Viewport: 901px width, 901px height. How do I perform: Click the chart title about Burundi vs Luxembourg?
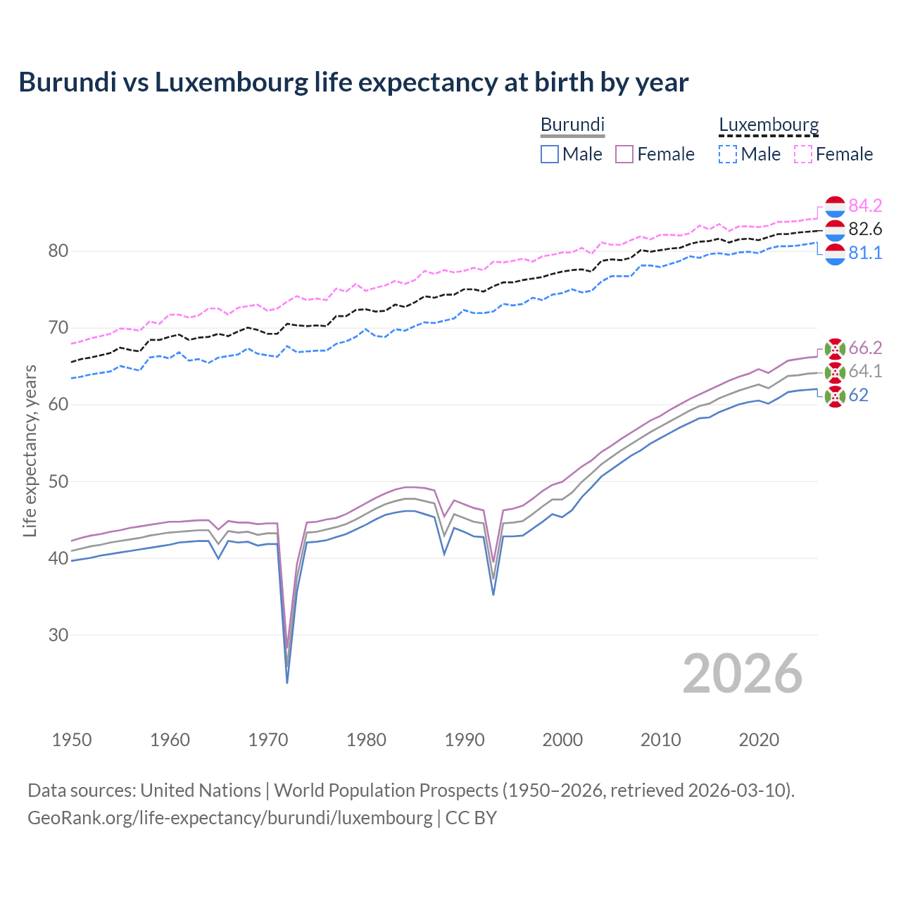pyautogui.click(x=353, y=82)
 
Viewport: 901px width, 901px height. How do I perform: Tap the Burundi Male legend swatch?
pyautogui.click(x=550, y=154)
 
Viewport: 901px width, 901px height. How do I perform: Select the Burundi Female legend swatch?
pyautogui.click(x=624, y=154)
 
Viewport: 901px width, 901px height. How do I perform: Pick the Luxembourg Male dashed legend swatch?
pyautogui.click(x=728, y=154)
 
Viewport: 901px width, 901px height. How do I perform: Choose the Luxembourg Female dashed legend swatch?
pyautogui.click(x=803, y=154)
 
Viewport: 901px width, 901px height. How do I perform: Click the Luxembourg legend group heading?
pyautogui.click(x=769, y=125)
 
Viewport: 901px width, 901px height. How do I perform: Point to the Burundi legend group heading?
pyautogui.click(x=572, y=125)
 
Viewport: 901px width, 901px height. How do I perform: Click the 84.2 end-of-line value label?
pyautogui.click(x=865, y=206)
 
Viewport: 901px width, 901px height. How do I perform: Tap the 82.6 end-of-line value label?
pyautogui.click(x=865, y=229)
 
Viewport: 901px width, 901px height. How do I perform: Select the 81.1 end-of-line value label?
pyautogui.click(x=865, y=253)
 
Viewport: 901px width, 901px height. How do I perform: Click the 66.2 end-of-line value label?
pyautogui.click(x=865, y=348)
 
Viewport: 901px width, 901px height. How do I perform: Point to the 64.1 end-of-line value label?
pyautogui.click(x=865, y=371)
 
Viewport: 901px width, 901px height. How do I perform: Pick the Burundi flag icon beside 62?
pyautogui.click(x=835, y=396)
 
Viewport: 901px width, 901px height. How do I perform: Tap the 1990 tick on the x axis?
pyautogui.click(x=465, y=740)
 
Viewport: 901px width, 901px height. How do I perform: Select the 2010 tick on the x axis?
pyautogui.click(x=660, y=740)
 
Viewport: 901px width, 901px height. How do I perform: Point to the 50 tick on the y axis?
pyautogui.click(x=58, y=481)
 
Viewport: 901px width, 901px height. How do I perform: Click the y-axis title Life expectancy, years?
pyautogui.click(x=30, y=450)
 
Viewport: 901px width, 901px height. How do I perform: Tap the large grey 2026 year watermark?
pyautogui.click(x=743, y=674)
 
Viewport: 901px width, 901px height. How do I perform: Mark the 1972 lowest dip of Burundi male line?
pyautogui.click(x=287, y=682)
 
